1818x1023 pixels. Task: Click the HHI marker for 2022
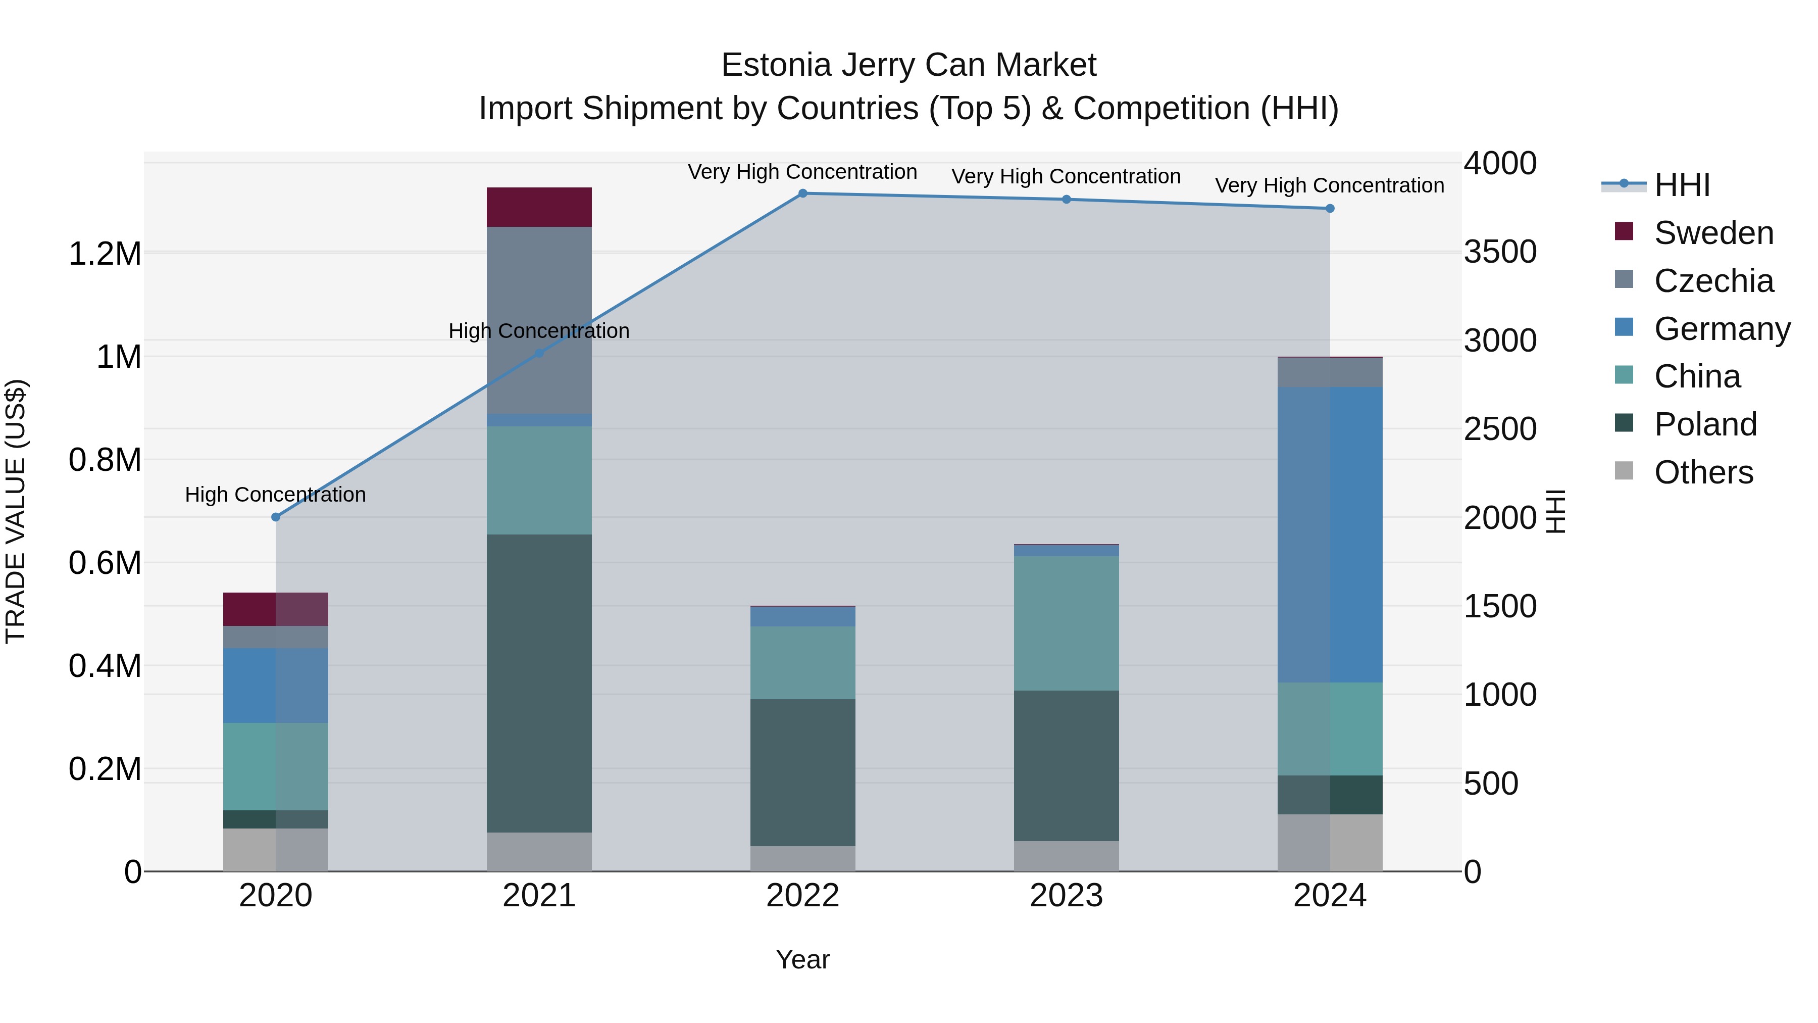click(802, 193)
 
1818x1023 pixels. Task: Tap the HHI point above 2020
click(276, 517)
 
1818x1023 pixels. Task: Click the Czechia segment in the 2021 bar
click(539, 320)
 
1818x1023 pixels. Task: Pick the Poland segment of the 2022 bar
click(802, 772)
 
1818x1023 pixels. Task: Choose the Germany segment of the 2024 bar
click(1330, 534)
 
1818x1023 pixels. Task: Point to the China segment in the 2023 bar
click(1067, 623)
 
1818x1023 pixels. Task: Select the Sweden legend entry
click(1713, 233)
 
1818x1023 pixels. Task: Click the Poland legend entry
click(1705, 424)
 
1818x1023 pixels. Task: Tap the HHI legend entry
click(1681, 185)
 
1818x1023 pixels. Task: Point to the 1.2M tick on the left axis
click(105, 254)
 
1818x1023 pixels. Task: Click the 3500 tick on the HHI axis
click(1500, 252)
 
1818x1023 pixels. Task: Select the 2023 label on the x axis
click(1067, 895)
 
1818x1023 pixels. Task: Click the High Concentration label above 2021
click(539, 330)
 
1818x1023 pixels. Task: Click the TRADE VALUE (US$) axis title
click(16, 511)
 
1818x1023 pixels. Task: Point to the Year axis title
click(802, 959)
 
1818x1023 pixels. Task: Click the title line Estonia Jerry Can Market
click(908, 65)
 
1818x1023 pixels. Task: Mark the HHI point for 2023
click(1067, 200)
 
